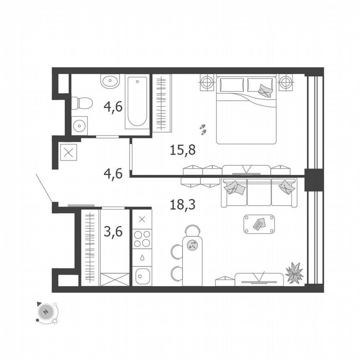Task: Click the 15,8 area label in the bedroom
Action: (x=182, y=150)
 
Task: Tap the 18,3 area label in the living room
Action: (x=182, y=205)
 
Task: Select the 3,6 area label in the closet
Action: (x=113, y=232)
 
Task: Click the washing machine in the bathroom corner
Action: (x=79, y=125)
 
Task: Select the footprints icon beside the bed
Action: (x=203, y=129)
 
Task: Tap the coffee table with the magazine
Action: (x=259, y=224)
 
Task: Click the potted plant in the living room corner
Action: (x=295, y=273)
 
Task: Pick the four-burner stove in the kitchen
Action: (x=142, y=239)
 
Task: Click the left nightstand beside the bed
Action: (x=207, y=82)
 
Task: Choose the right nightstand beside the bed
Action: (x=286, y=82)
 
